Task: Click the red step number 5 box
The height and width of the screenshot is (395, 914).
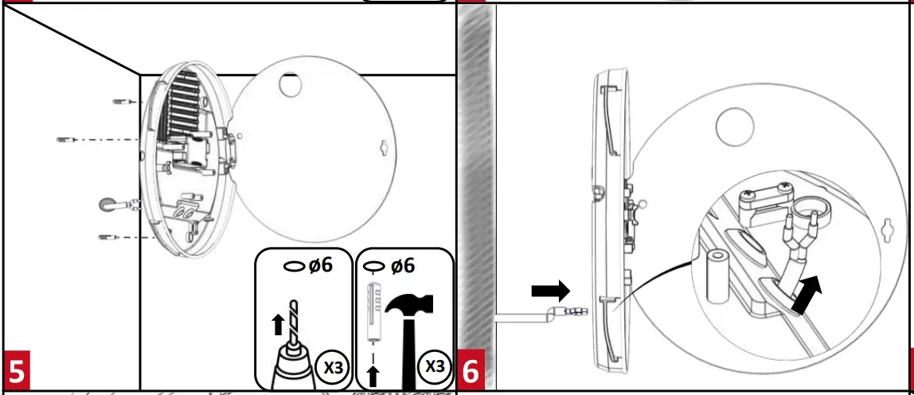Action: click(x=17, y=371)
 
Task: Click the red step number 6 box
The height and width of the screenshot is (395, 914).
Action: click(x=471, y=371)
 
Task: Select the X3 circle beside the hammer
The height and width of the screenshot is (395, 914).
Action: click(x=435, y=367)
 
